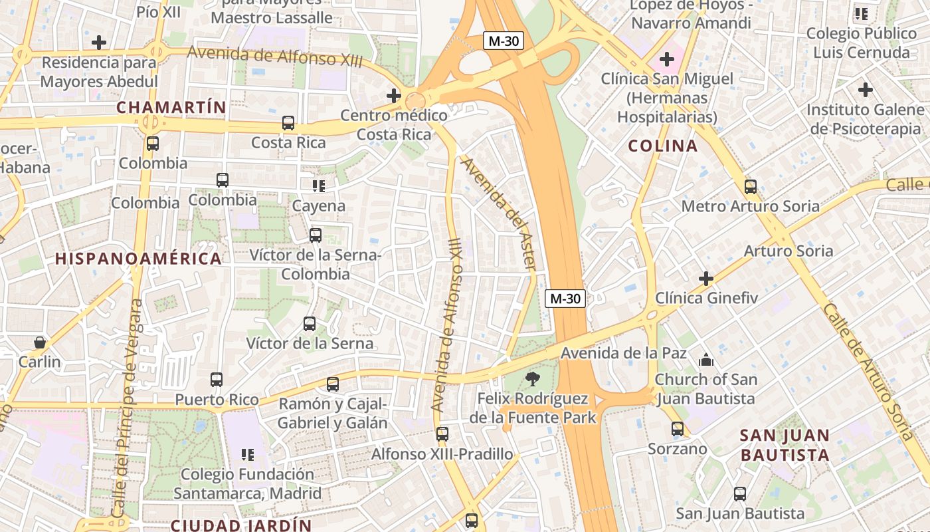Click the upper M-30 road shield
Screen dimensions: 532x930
tap(503, 41)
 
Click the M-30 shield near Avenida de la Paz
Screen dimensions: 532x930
tap(565, 299)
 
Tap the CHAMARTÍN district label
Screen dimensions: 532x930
tap(171, 107)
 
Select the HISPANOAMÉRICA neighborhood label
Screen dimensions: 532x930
tap(138, 259)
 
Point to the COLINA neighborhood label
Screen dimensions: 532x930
tap(662, 146)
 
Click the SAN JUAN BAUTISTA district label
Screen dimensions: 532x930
tap(785, 446)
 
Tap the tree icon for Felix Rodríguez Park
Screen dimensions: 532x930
tap(532, 380)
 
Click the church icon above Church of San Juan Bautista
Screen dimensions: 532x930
tap(705, 360)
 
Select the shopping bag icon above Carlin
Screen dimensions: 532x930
tap(40, 342)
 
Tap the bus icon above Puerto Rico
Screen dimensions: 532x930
tap(217, 380)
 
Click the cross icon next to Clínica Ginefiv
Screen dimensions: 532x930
tap(706, 278)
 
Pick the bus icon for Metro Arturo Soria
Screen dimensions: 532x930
tap(751, 187)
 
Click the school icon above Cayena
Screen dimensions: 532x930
tap(319, 186)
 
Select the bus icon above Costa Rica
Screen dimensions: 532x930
tap(288, 123)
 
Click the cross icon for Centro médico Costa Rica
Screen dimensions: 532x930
tap(394, 96)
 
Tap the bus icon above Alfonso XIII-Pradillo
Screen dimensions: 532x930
tap(442, 434)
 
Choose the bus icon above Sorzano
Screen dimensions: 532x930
tap(678, 429)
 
